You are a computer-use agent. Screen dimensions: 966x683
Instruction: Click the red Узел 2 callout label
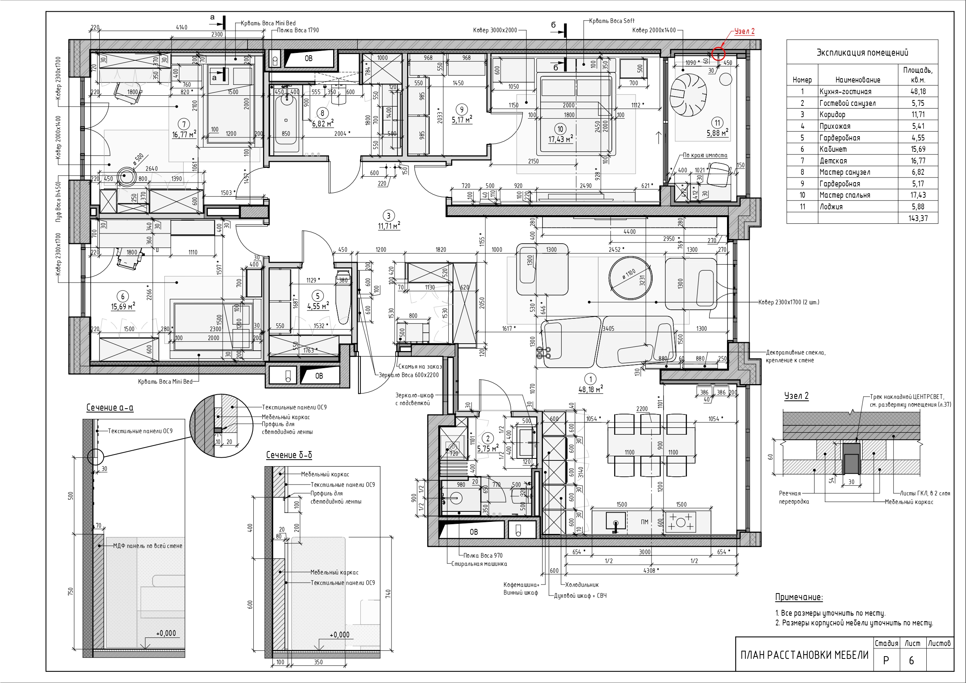[x=744, y=32]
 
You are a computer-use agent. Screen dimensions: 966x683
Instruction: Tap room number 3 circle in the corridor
[x=388, y=216]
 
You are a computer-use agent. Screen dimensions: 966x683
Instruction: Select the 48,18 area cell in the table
[x=918, y=91]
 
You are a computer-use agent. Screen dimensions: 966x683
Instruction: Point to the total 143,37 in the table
[x=918, y=218]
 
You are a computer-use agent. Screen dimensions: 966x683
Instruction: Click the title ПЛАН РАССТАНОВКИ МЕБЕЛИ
[x=804, y=655]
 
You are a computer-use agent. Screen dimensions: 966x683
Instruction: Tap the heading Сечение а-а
[x=110, y=407]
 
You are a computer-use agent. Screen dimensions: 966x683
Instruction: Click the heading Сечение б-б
[x=289, y=455]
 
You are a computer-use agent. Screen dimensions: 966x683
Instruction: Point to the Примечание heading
[x=799, y=597]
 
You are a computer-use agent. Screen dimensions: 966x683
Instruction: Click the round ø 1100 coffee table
[x=630, y=277]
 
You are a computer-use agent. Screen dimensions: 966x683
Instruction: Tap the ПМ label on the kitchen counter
[x=644, y=522]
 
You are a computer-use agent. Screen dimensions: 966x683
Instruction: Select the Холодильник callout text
[x=582, y=585]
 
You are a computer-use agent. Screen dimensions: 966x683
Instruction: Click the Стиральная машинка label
[x=479, y=564]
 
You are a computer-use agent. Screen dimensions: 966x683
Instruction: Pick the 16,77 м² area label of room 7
[x=184, y=134]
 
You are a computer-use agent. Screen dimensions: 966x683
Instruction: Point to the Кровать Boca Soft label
[x=612, y=21]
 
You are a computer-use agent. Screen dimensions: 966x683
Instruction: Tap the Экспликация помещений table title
[x=862, y=53]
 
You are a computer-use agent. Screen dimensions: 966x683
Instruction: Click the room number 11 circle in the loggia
[x=717, y=123]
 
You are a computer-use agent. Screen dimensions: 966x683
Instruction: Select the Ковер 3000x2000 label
[x=495, y=30]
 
